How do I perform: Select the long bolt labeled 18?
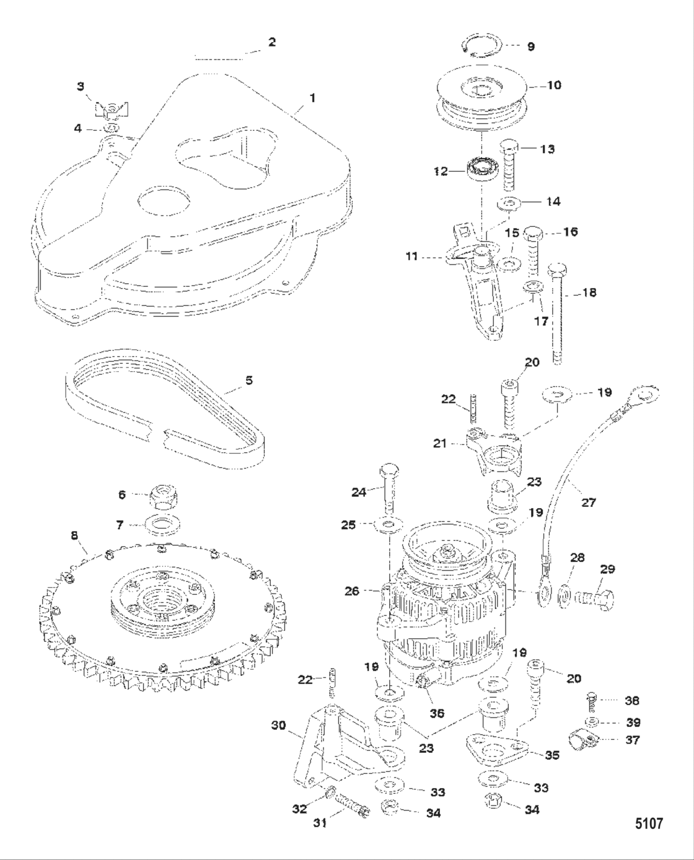pos(556,310)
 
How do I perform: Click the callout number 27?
pos(588,502)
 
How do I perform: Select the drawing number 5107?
pos(648,823)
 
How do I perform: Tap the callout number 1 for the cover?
pos(313,98)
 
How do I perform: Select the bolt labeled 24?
pos(389,486)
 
